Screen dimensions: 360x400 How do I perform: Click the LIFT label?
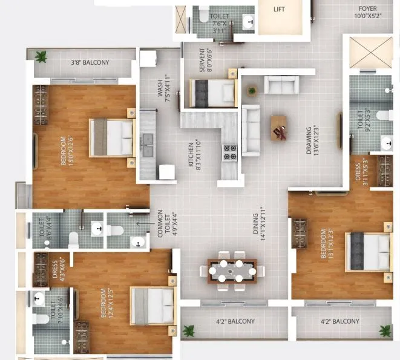click(279, 9)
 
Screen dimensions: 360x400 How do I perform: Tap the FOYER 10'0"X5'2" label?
click(367, 11)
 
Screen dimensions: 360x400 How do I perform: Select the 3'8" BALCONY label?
click(90, 62)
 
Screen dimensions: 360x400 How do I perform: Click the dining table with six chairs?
click(232, 270)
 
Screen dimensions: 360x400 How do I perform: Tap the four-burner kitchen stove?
click(229, 152)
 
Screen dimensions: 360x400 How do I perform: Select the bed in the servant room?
click(213, 93)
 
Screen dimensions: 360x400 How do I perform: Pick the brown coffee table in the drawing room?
click(279, 128)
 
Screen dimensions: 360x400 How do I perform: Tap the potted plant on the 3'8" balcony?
click(41, 57)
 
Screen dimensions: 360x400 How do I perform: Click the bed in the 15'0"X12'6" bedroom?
click(112, 137)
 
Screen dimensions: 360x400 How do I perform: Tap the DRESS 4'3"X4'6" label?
click(59, 269)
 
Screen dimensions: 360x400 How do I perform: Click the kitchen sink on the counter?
click(147, 141)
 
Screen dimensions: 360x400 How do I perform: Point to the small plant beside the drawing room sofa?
click(251, 90)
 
